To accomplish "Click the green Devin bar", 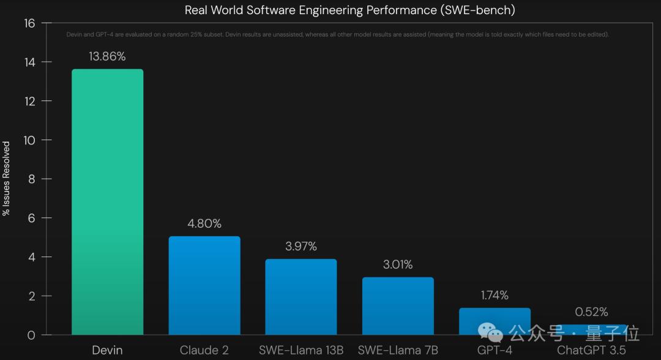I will (x=108, y=202).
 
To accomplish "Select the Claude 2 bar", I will (x=204, y=285).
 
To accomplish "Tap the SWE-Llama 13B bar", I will (x=301, y=297).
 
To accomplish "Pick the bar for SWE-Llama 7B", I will (x=398, y=306).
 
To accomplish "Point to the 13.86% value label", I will (x=107, y=56).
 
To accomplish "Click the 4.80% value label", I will (x=204, y=223).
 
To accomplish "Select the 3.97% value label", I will (x=301, y=246).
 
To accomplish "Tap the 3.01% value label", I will (x=398, y=264).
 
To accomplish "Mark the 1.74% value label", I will (x=495, y=295).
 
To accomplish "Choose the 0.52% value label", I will (x=591, y=312).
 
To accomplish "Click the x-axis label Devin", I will (x=107, y=350).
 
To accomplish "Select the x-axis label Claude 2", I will (x=204, y=350).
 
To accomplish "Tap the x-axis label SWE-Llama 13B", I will (x=301, y=350).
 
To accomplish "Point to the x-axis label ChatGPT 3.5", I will (x=591, y=350).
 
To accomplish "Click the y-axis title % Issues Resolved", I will (x=7, y=179).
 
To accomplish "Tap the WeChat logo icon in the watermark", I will (x=491, y=332).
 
